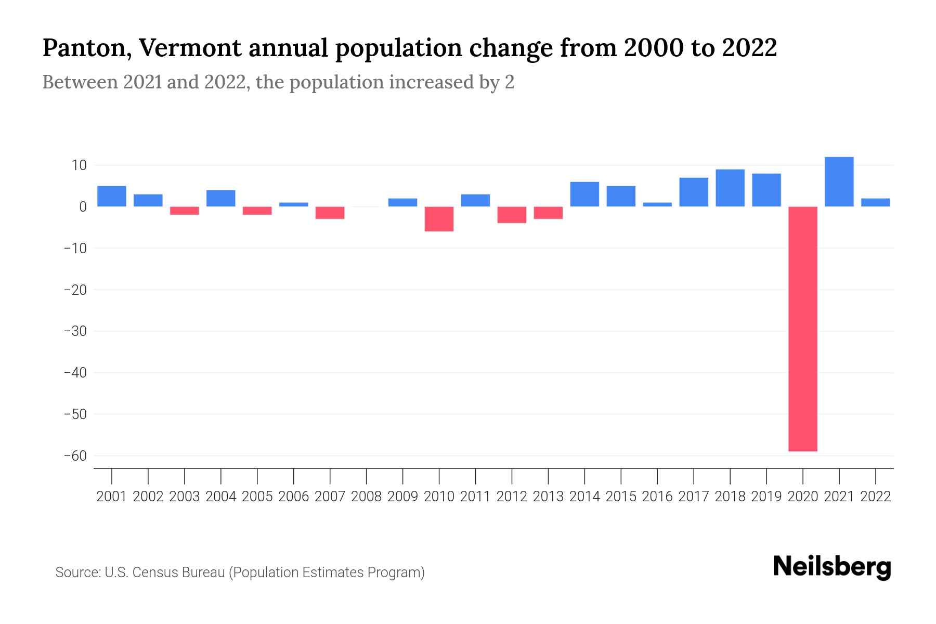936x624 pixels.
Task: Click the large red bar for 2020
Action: click(802, 329)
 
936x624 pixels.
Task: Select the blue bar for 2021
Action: click(839, 181)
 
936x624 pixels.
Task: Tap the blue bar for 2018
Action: click(730, 188)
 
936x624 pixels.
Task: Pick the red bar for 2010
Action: click(439, 219)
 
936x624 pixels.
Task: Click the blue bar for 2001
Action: click(112, 196)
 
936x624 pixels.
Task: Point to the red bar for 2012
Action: click(512, 215)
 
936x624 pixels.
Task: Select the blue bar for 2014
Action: click(584, 194)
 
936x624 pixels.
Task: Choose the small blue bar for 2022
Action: click(875, 202)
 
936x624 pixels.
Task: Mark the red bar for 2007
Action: click(330, 213)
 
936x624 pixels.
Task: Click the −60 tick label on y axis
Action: click(75, 456)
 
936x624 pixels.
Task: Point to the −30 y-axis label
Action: click(75, 331)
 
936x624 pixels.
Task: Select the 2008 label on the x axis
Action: click(366, 497)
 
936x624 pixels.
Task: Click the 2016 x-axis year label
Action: click(657, 497)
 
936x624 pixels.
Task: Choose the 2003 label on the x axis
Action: click(185, 497)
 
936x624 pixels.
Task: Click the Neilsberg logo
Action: click(832, 567)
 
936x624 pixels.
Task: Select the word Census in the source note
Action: click(157, 573)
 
